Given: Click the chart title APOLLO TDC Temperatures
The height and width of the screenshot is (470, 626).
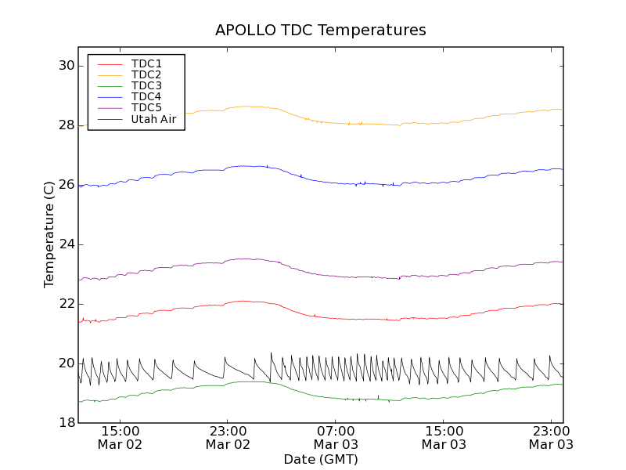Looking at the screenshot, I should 321,31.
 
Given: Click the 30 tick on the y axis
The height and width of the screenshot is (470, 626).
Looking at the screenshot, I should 65,66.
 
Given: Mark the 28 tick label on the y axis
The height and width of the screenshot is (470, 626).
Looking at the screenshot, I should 65,125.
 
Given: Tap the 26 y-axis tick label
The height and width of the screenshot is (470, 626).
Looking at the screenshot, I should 65,185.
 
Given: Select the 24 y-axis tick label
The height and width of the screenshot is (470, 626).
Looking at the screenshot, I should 65,244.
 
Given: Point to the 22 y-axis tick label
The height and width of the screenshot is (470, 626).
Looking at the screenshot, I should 65,304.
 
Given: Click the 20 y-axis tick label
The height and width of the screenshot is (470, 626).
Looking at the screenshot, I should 65,363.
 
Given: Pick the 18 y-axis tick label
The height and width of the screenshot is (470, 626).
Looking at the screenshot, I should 65,423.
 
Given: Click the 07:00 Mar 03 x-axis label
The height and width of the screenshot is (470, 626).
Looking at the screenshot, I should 336,437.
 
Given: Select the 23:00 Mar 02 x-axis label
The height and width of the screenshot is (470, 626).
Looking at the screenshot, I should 228,437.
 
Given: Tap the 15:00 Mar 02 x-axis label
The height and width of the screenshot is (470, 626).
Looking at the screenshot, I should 121,437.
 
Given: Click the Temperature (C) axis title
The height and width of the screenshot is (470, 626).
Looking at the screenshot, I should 49,235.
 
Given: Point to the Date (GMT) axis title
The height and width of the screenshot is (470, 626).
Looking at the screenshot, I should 321,459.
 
